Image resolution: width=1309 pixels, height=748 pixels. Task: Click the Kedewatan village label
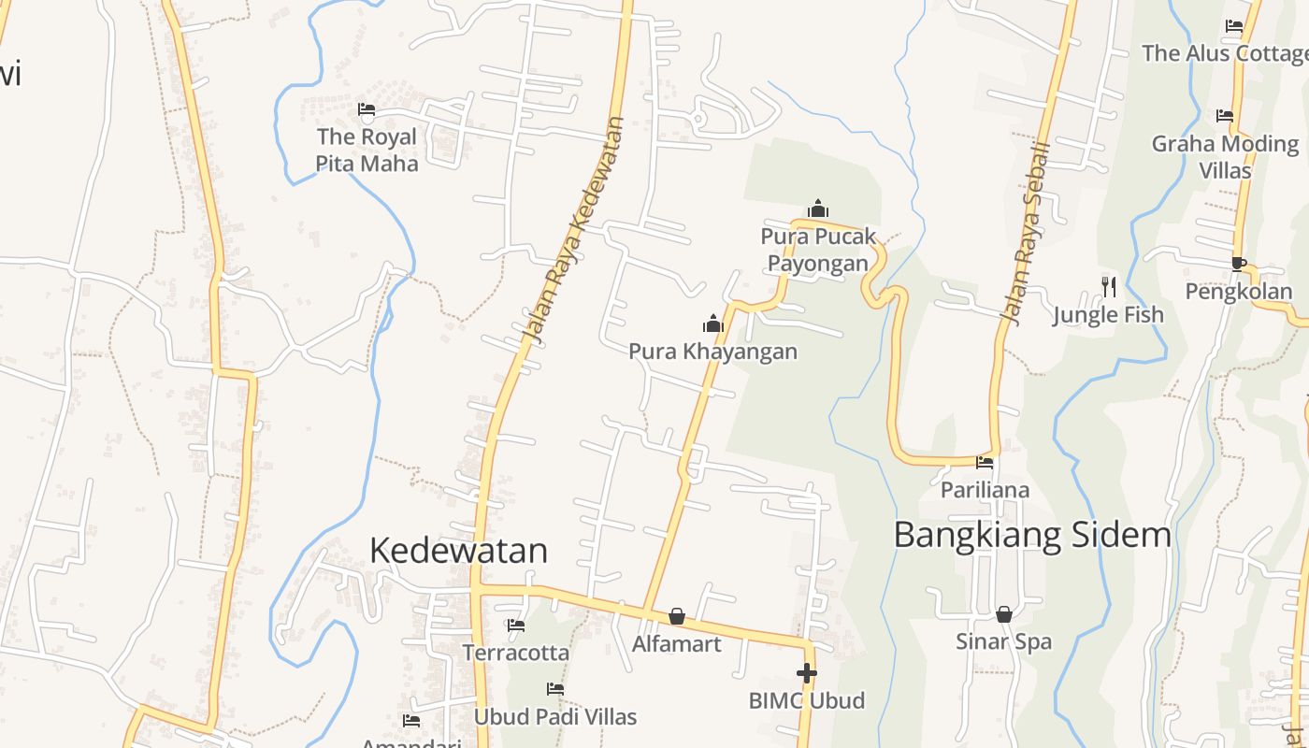458,551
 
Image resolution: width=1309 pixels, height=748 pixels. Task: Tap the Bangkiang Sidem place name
1032,536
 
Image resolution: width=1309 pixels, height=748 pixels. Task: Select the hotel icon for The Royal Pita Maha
367,109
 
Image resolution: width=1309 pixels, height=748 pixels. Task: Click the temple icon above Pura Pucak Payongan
818,209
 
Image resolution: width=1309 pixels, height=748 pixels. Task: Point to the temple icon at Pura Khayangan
713,324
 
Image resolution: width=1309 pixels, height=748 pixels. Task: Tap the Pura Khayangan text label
712,352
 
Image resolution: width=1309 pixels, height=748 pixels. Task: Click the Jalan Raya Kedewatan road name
571,232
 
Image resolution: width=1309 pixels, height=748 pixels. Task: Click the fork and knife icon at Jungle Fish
1108,286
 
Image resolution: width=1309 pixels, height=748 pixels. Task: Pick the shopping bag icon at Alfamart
677,616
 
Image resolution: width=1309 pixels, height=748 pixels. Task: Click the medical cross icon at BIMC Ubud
807,672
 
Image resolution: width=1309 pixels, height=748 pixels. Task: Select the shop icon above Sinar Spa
1003,614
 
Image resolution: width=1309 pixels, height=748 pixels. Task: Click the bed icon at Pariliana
985,462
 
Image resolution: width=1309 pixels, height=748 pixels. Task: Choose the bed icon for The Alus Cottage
1234,26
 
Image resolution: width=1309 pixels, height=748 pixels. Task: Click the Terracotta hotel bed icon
516,625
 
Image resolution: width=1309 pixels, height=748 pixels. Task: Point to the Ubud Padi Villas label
555,717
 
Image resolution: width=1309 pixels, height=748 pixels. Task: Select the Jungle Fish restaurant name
1108,315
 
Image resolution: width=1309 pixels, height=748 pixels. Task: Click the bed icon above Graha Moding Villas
1225,116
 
